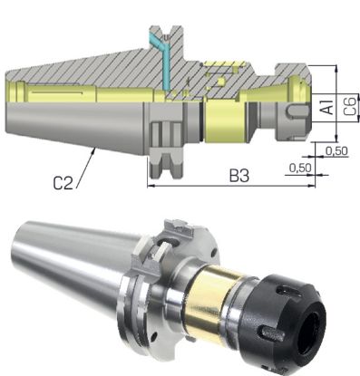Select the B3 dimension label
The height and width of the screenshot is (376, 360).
click(238, 175)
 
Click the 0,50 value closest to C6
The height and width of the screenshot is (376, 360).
click(336, 149)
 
